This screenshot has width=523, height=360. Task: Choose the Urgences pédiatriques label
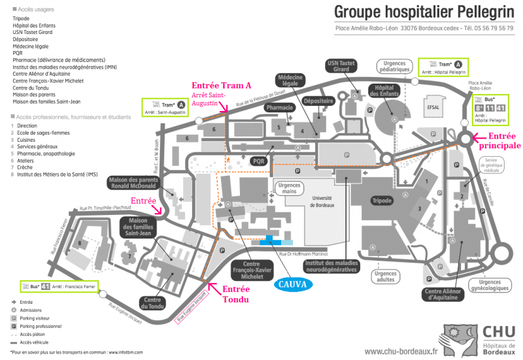[395, 66]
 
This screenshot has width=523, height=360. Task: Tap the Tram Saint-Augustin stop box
[165, 108]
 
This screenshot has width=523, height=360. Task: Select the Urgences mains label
[288, 188]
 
